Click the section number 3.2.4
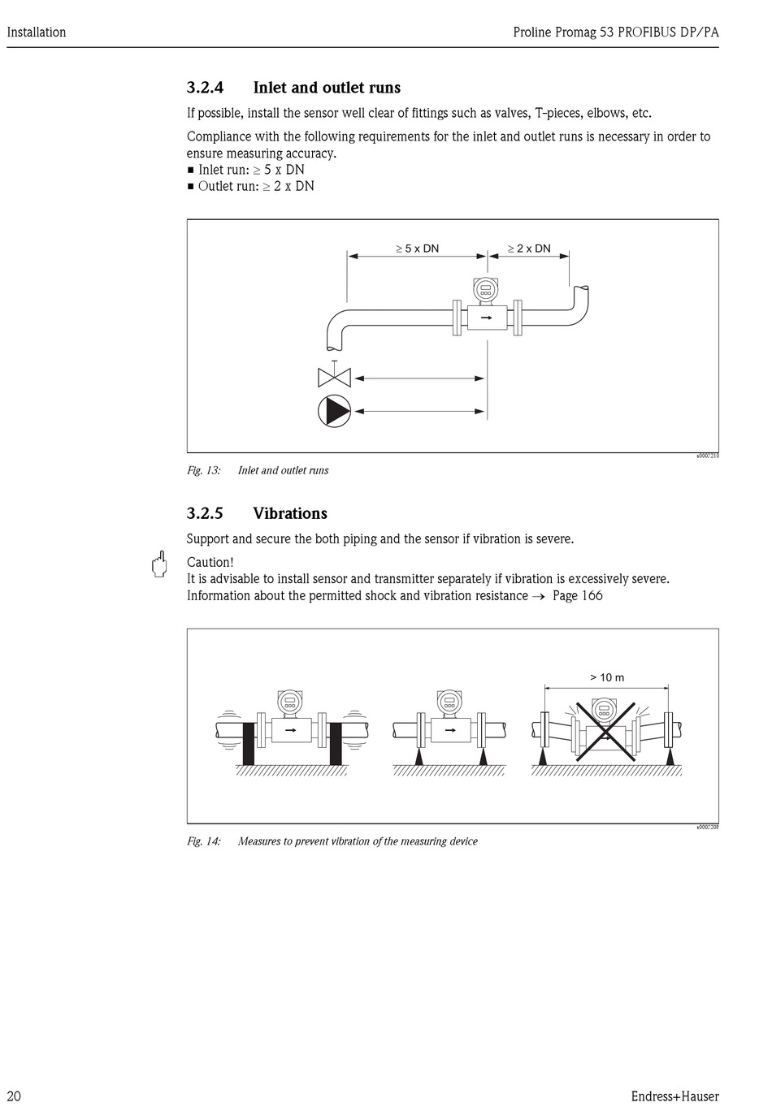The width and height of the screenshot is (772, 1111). point(205,88)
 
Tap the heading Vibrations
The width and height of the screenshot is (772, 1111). point(290,513)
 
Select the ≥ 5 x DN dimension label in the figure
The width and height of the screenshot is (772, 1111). point(417,249)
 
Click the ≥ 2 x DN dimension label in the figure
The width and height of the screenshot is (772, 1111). point(528,249)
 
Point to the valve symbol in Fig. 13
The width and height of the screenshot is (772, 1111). point(333,377)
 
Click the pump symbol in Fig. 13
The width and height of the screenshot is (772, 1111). point(334,412)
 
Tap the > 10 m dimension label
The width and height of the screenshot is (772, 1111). point(607,677)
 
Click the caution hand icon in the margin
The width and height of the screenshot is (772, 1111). point(159,564)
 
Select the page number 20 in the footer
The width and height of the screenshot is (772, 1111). point(14,1096)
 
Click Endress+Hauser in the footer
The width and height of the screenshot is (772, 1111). point(674,1096)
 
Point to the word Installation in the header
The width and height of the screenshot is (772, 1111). point(37,32)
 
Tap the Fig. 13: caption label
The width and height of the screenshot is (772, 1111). point(204,470)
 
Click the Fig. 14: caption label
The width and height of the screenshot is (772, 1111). point(204,841)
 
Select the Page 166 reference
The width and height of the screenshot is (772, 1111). point(577,595)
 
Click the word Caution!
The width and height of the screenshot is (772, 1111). point(210,562)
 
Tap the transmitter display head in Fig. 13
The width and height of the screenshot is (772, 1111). point(486,288)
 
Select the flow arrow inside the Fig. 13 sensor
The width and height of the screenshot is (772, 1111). point(487,317)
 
